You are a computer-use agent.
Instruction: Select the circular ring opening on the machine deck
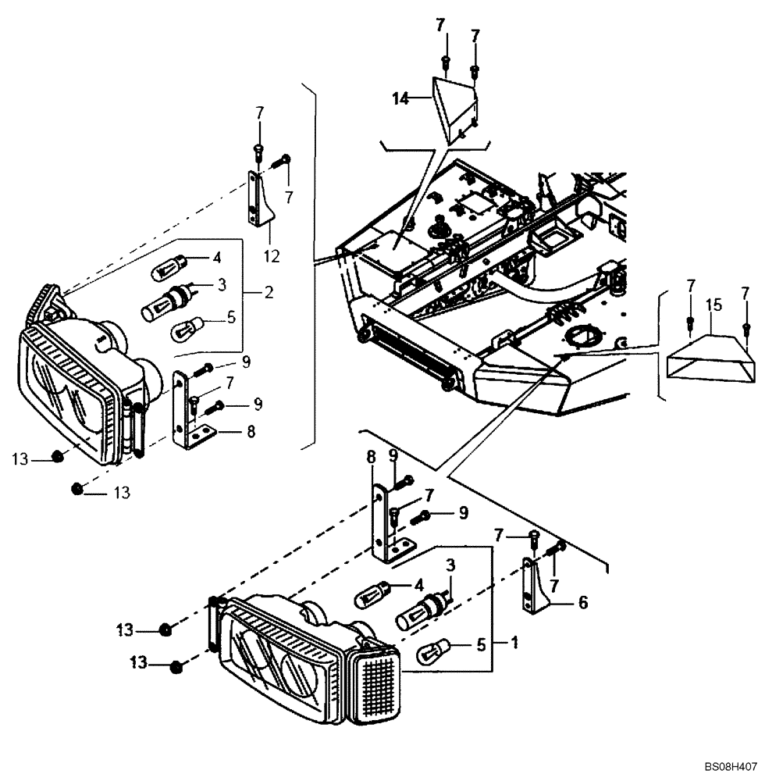582,338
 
